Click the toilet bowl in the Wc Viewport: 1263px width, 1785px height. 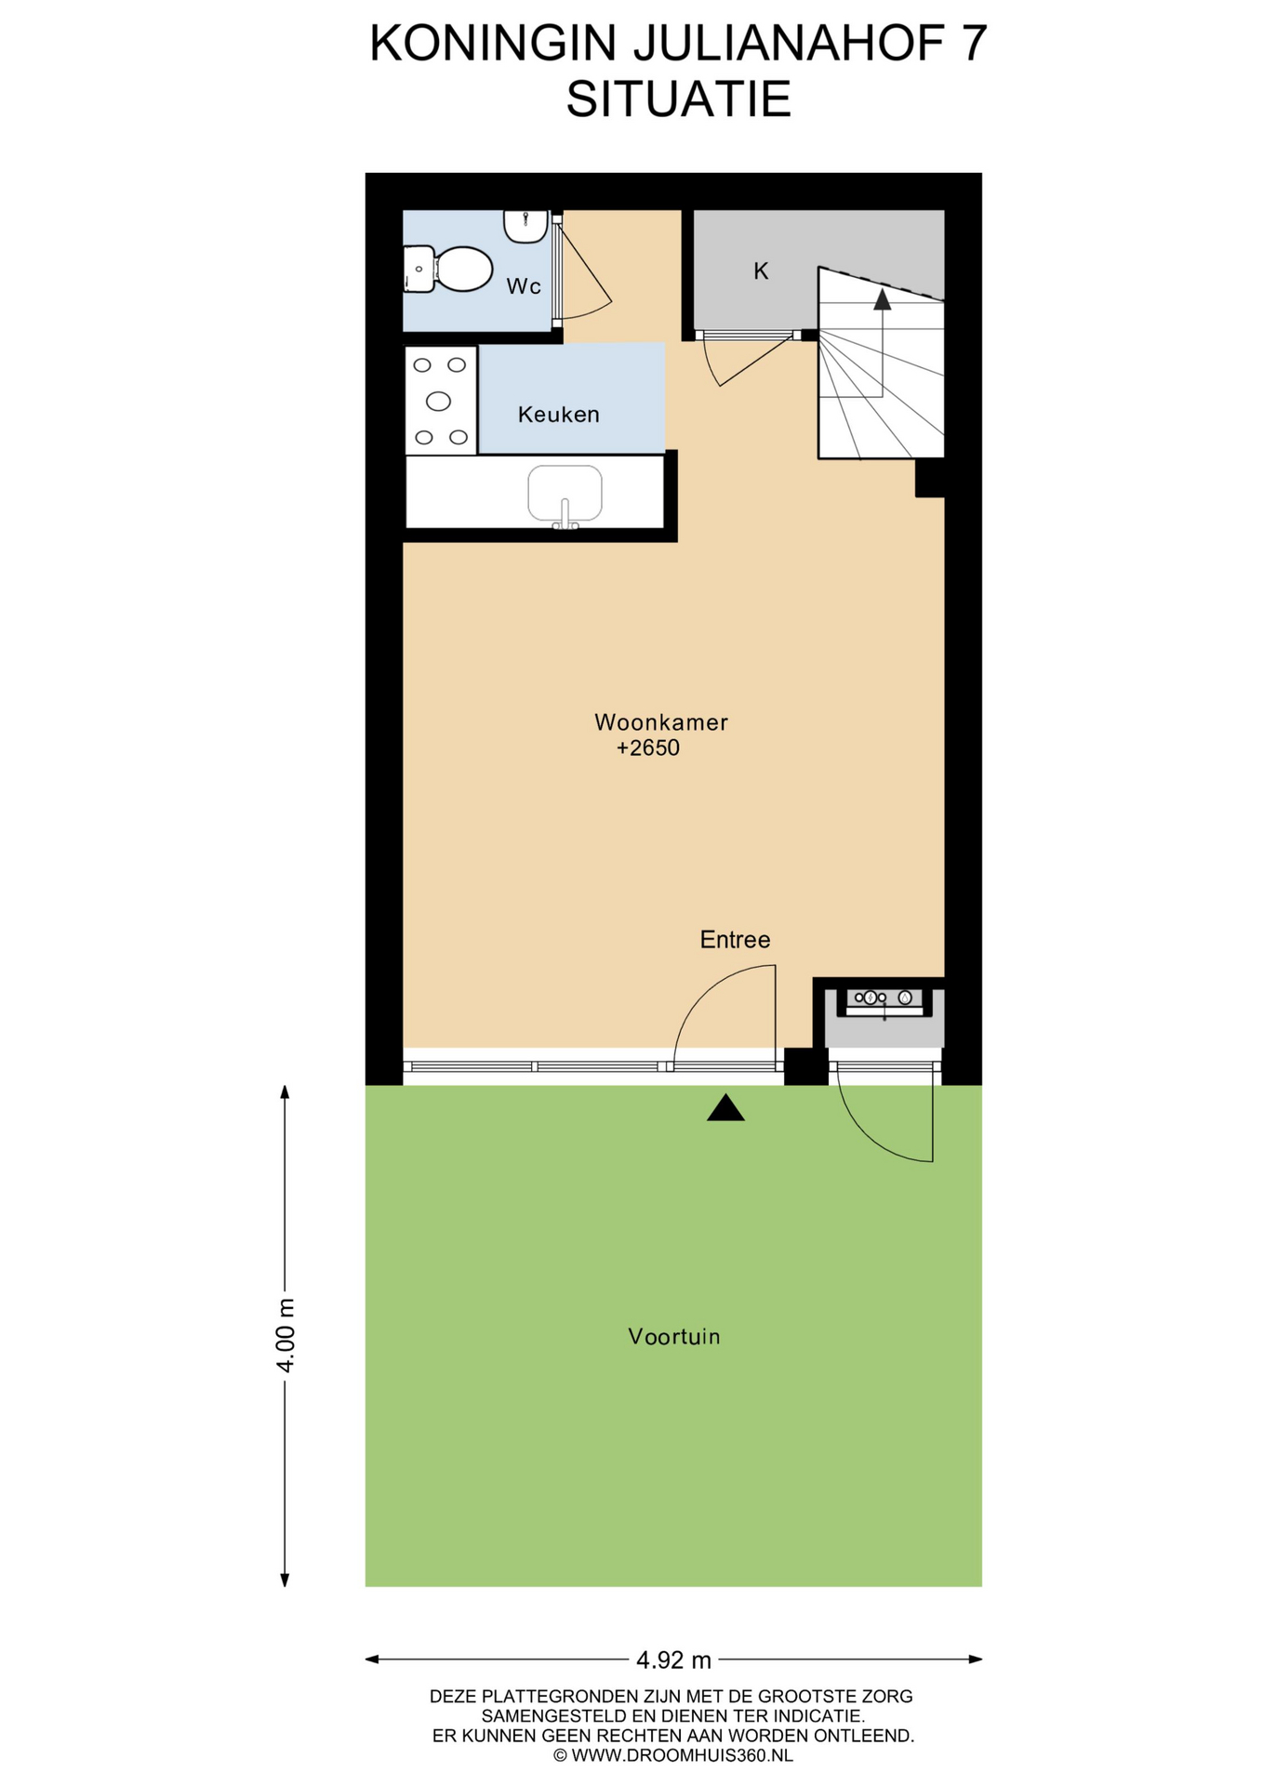(x=462, y=269)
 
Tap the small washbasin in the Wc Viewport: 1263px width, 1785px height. (x=525, y=226)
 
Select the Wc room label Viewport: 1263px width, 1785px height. (x=524, y=286)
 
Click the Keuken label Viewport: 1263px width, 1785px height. (x=558, y=414)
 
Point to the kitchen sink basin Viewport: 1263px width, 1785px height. (x=565, y=494)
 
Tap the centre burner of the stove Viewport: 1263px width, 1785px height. (x=438, y=401)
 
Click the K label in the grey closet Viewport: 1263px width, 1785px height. (x=761, y=271)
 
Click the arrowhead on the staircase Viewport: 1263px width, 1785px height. (x=882, y=298)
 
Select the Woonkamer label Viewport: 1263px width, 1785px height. (x=661, y=722)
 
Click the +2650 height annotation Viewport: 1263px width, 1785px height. (x=648, y=748)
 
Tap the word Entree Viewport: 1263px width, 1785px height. (x=735, y=940)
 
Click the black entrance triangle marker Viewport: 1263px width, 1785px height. (x=725, y=1107)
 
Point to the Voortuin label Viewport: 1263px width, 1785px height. (x=674, y=1337)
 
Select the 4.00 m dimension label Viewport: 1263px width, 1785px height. (x=286, y=1336)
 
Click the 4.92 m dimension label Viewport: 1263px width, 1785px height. (x=673, y=1659)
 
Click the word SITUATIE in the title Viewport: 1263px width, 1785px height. (x=679, y=99)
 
